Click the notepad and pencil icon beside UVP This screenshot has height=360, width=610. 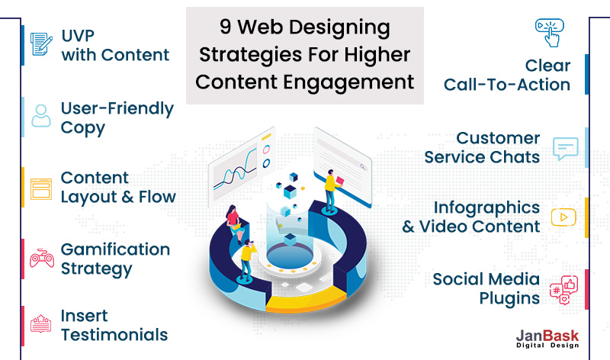tap(41, 44)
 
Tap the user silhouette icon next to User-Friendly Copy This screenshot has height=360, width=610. tap(41, 116)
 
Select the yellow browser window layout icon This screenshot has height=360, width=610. tap(41, 188)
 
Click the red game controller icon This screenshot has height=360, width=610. tap(42, 258)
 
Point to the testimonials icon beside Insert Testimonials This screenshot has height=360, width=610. tap(41, 324)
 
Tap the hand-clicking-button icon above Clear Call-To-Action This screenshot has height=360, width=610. tap(550, 32)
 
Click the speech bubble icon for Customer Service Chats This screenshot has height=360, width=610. tap(565, 148)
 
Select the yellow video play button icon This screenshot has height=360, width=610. tap(563, 217)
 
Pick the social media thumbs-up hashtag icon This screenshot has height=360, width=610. tap(563, 290)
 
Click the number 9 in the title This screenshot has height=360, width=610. tap(226, 27)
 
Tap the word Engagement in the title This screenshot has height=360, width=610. tap(348, 83)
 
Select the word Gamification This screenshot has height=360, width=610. tap(115, 249)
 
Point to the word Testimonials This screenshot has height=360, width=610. tap(114, 335)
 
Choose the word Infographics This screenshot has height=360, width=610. tap(486, 208)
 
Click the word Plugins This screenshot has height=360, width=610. tap(509, 299)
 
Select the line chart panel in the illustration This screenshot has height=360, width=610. tap(242, 166)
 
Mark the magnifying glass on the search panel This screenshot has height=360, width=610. tap(363, 167)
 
